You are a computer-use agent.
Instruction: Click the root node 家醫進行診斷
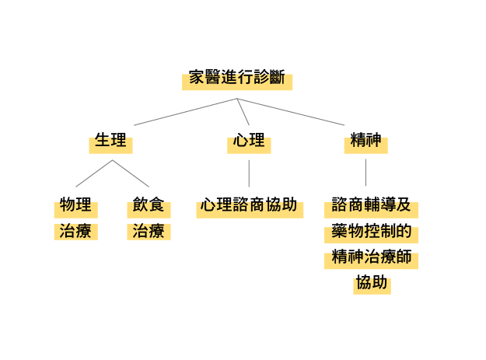point(237,77)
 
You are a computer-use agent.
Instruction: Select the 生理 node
point(110,140)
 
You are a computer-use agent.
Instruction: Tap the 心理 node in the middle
point(249,140)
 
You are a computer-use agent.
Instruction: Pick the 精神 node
point(365,140)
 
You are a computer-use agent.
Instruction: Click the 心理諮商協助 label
point(249,204)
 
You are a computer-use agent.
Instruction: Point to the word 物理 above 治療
point(75,204)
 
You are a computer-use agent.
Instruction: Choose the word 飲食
point(149,204)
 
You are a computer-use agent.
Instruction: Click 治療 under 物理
point(75,231)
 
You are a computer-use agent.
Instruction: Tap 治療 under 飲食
point(149,231)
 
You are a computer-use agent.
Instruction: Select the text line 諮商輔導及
point(372,204)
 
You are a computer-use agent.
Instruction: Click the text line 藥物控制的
point(372,231)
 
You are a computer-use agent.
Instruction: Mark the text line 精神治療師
point(372,257)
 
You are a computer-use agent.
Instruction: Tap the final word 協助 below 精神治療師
point(372,282)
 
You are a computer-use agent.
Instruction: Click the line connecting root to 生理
point(185,112)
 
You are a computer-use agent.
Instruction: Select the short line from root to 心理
point(243,112)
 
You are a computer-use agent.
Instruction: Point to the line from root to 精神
point(291,112)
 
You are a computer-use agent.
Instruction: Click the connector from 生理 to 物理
point(94,173)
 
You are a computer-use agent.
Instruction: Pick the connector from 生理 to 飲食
point(131,173)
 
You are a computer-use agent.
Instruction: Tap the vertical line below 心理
point(249,173)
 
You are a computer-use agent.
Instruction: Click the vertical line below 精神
point(365,173)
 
